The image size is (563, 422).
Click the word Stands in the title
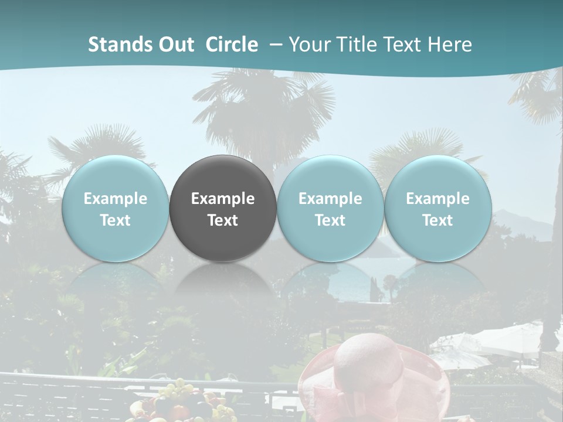pyautogui.click(x=116, y=45)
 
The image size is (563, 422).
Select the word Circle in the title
pyautogui.click(x=232, y=45)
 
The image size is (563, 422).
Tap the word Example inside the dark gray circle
pyautogui.click(x=223, y=199)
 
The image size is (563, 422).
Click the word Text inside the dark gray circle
pyautogui.click(x=223, y=220)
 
